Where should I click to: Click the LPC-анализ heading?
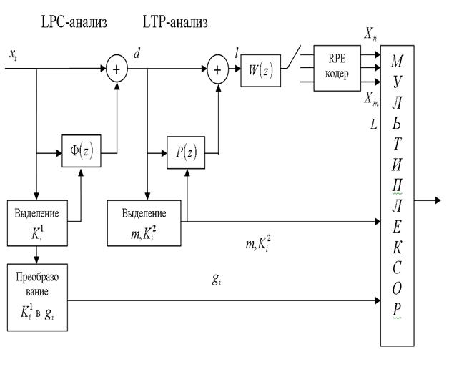click(74, 23)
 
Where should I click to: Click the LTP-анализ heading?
click(175, 23)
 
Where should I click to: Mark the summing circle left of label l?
click(216, 72)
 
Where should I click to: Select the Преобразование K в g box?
click(36, 290)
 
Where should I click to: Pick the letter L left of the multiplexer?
click(373, 124)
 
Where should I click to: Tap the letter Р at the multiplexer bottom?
click(398, 309)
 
